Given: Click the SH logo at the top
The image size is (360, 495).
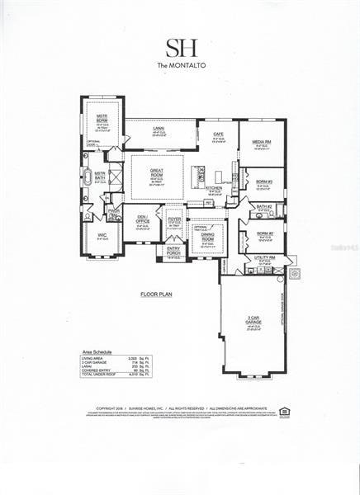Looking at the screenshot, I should (x=179, y=46).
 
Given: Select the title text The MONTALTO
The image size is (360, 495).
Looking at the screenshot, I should (x=179, y=64).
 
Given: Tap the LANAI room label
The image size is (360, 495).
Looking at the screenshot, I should (x=159, y=128).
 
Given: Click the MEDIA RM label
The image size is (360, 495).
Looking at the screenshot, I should (x=262, y=142).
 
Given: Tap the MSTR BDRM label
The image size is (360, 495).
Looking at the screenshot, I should (x=102, y=117).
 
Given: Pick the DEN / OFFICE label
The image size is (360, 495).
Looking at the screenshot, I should (x=143, y=219).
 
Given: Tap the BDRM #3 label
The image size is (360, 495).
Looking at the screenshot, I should (x=264, y=181).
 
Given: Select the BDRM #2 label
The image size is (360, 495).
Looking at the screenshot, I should (x=263, y=233).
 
